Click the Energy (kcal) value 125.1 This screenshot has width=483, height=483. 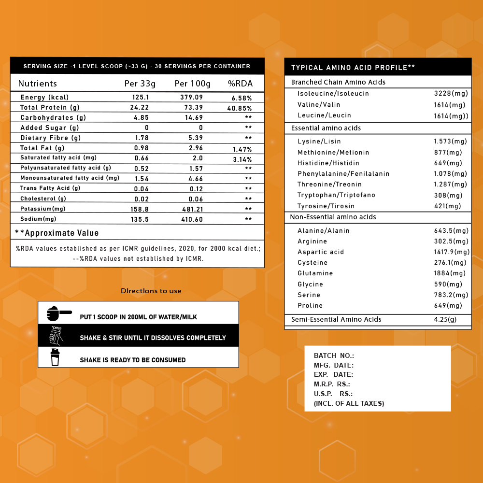coord(140,98)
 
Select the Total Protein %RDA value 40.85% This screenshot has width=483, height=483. coord(240,108)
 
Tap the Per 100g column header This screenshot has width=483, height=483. coord(193,84)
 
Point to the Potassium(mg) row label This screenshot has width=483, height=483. coord(43,209)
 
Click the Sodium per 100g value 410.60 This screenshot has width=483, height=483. coord(191,219)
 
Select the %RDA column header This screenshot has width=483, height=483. coord(240,84)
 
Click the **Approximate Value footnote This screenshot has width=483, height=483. coord(57,233)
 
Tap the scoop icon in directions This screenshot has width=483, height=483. coord(58,313)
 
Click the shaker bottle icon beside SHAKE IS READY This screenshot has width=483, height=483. coord(55,358)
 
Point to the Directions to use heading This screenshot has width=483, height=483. coord(151,291)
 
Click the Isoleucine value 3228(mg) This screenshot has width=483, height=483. coord(450,93)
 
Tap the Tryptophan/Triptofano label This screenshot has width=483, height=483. coord(336,195)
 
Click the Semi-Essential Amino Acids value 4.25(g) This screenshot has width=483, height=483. coord(445,319)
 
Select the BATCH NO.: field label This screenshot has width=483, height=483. coord(334,355)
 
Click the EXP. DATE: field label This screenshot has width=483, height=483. coord(333,374)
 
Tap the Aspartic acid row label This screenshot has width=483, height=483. coord(321,252)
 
